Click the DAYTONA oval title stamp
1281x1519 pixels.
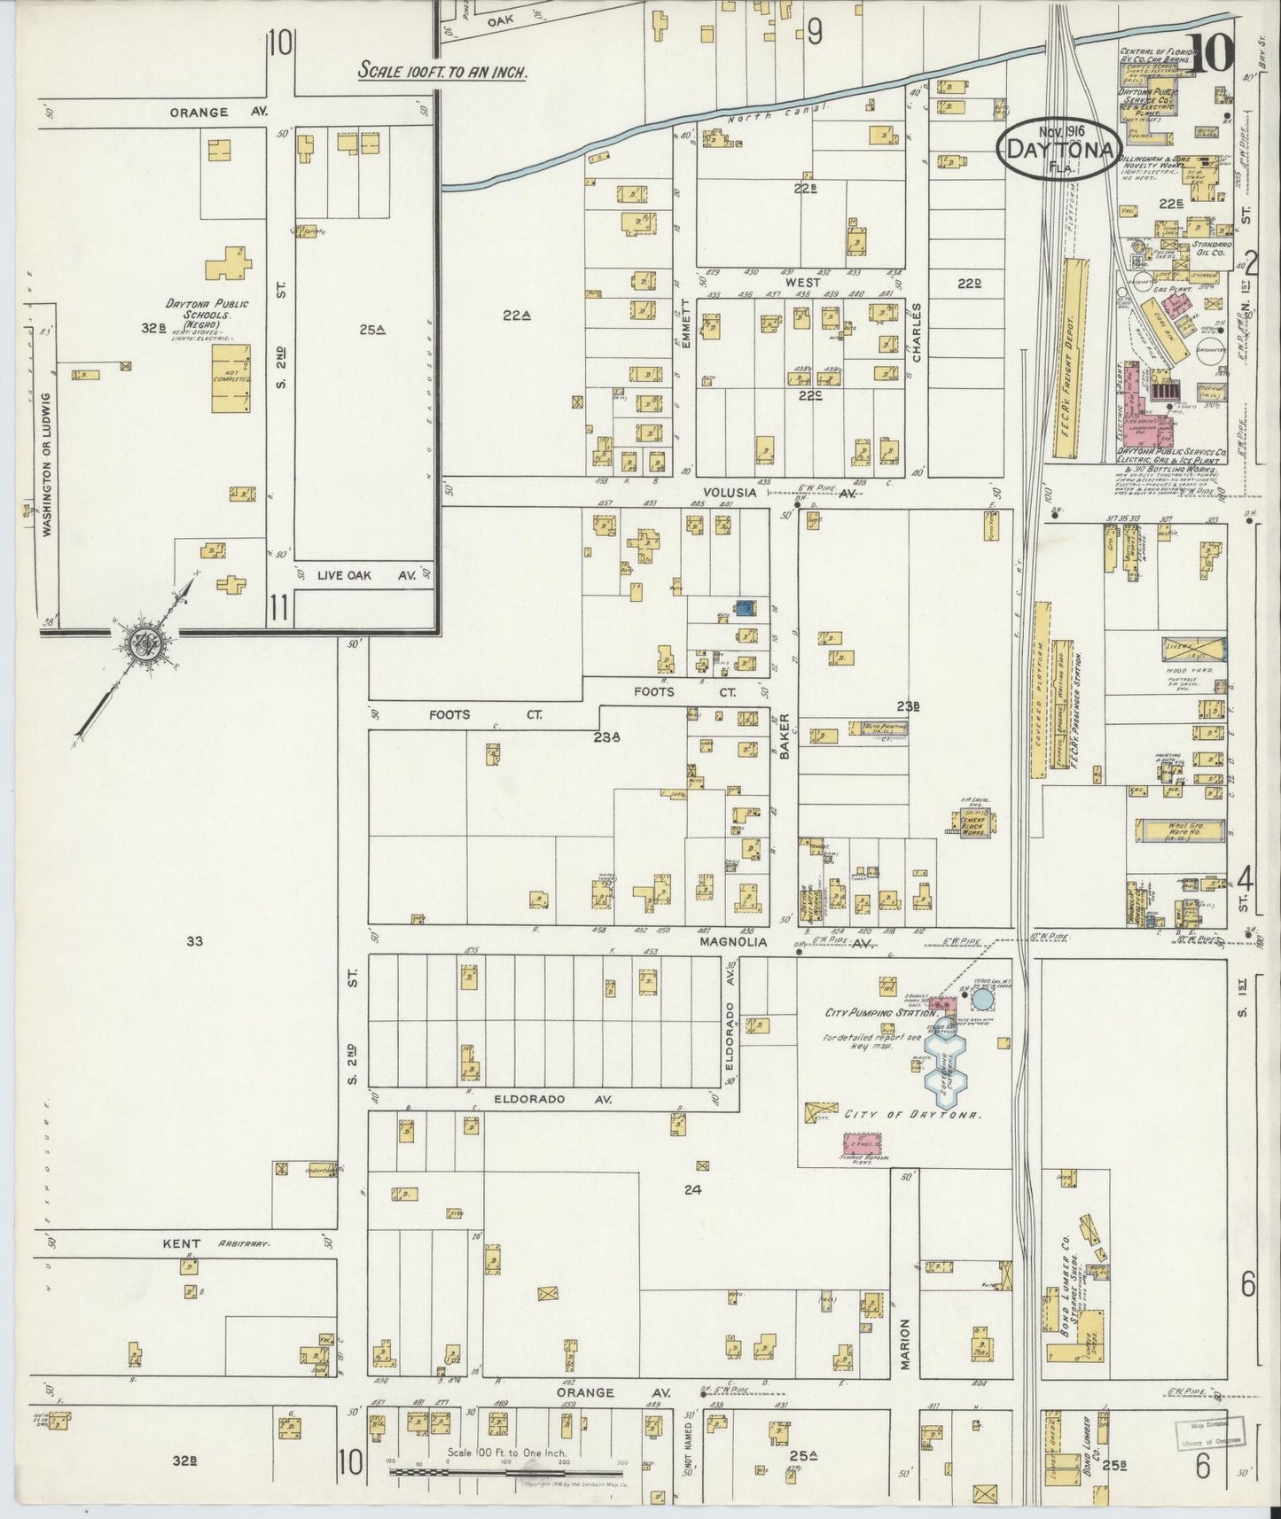pyautogui.click(x=1059, y=149)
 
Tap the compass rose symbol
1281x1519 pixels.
pyautogui.click(x=140, y=643)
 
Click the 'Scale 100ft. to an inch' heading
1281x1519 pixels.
pyautogui.click(x=442, y=71)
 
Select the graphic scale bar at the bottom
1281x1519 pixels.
pyautogui.click(x=508, y=1470)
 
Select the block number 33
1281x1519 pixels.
pyautogui.click(x=194, y=941)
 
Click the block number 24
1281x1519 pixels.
pyautogui.click(x=692, y=1189)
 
